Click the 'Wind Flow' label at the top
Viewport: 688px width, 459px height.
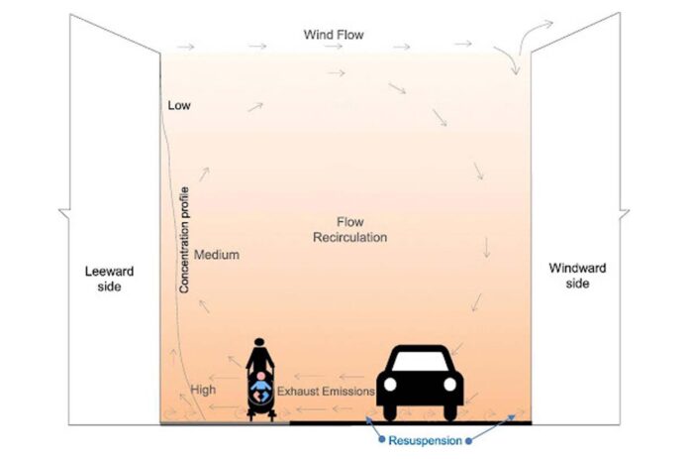(x=334, y=35)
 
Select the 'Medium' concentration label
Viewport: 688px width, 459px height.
(x=217, y=255)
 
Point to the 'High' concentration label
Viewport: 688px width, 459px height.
(x=204, y=390)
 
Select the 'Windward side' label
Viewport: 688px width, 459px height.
(x=578, y=276)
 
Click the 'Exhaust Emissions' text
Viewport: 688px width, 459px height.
(x=325, y=392)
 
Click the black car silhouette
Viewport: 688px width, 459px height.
(x=421, y=382)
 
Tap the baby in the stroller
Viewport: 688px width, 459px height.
(x=260, y=387)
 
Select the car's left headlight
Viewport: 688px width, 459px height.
(x=391, y=385)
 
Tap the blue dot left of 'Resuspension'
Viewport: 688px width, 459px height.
(x=381, y=437)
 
